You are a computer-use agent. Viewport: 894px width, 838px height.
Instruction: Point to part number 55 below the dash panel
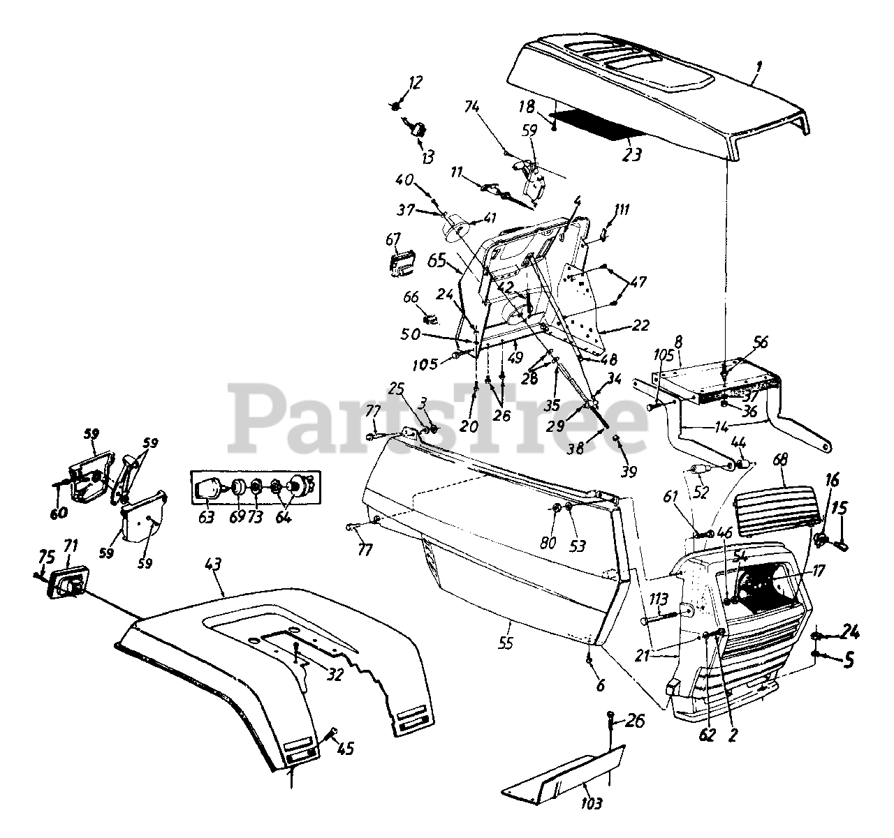(506, 641)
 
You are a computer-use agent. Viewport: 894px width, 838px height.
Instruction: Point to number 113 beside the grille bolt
(658, 598)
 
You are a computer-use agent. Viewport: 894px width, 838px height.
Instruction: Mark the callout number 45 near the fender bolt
(344, 749)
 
